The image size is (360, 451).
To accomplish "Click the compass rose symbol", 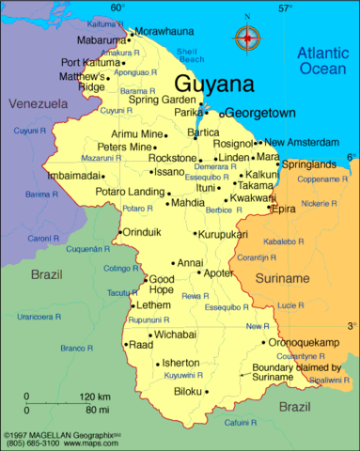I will [x=247, y=38].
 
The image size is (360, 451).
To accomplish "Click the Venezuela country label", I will [x=34, y=101].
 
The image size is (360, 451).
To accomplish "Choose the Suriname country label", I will [x=282, y=279].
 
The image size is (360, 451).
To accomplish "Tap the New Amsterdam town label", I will [x=302, y=143].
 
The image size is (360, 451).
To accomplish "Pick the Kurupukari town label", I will [x=223, y=233].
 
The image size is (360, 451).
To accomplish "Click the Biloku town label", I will [x=188, y=392].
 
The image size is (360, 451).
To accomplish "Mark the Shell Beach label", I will [x=191, y=54].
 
